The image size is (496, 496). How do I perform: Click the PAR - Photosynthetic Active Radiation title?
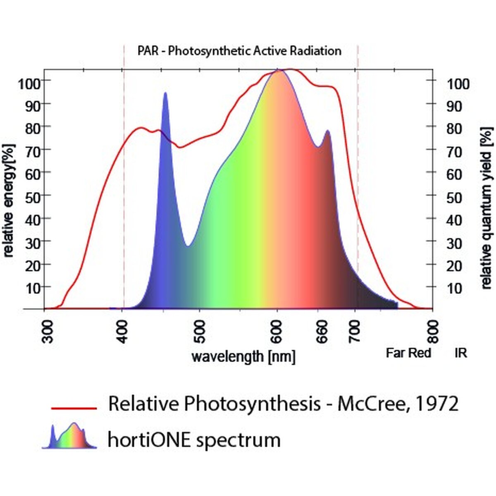(x=239, y=51)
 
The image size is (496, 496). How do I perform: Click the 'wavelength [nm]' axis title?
(x=243, y=356)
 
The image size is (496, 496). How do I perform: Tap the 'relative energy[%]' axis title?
(x=9, y=200)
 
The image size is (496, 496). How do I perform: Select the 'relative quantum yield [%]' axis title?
(x=487, y=208)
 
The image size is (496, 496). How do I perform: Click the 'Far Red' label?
(x=408, y=353)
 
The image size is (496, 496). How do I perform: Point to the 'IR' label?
(x=461, y=353)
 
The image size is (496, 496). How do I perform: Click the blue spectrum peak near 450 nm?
(x=165, y=94)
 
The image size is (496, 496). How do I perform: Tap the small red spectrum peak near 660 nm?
(x=328, y=131)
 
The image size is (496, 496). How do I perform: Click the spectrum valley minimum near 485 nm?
(x=188, y=246)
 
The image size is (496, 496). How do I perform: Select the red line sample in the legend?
(x=74, y=408)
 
